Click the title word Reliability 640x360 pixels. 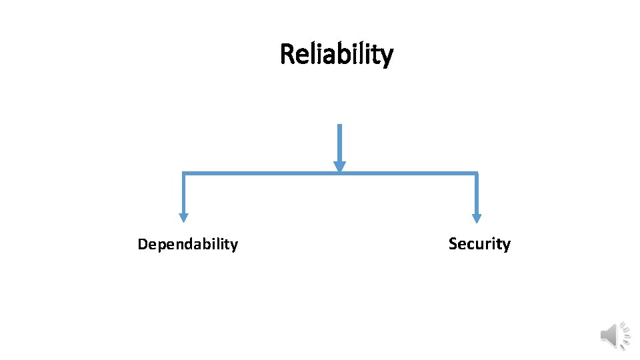click(337, 54)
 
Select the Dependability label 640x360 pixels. click(187, 245)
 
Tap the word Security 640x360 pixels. click(479, 244)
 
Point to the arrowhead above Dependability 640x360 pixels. click(183, 217)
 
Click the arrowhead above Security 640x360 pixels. click(476, 217)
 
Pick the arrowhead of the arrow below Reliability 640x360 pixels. click(339, 167)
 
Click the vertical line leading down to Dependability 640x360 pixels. click(183, 193)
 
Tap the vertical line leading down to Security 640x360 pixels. click(476, 193)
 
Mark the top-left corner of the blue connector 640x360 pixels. click(184, 174)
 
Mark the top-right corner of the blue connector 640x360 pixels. click(476, 174)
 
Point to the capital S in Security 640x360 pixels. click(453, 244)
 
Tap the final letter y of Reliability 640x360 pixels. click(387, 56)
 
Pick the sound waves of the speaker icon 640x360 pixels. click(625, 336)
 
